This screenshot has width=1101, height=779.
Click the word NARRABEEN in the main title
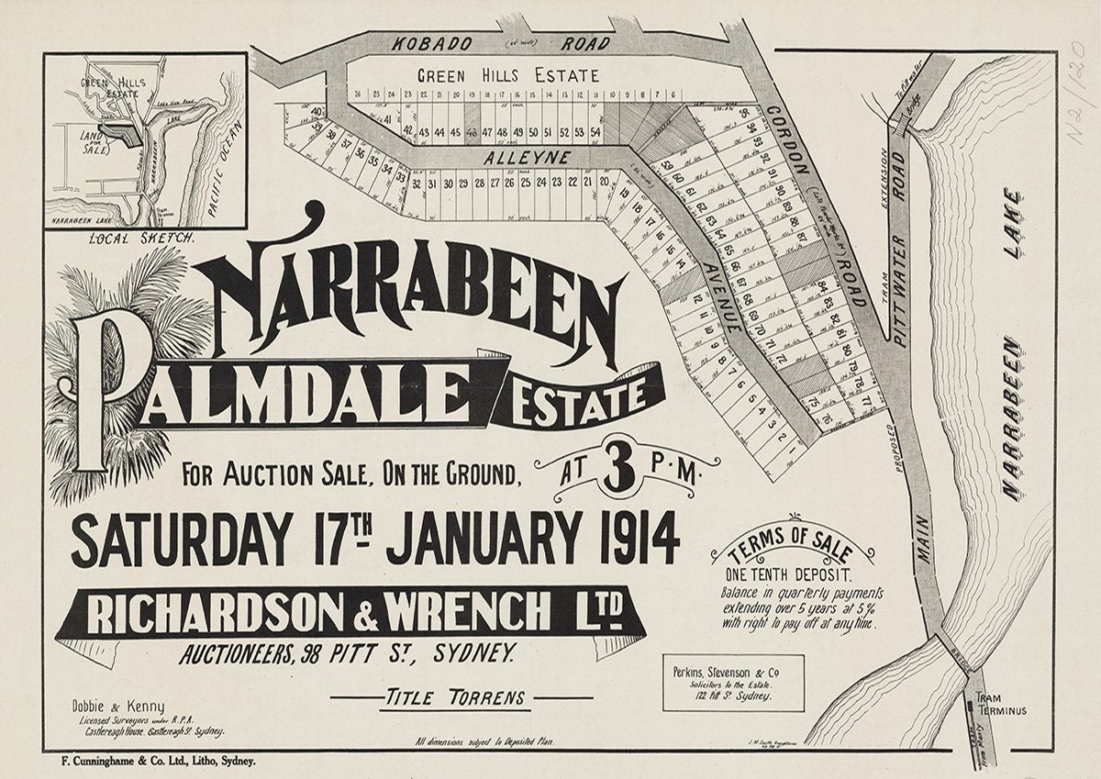tap(413, 289)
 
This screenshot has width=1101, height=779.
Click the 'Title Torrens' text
tap(455, 697)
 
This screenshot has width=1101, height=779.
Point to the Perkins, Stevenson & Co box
tap(733, 682)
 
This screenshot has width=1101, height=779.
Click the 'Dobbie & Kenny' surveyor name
tap(118, 707)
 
